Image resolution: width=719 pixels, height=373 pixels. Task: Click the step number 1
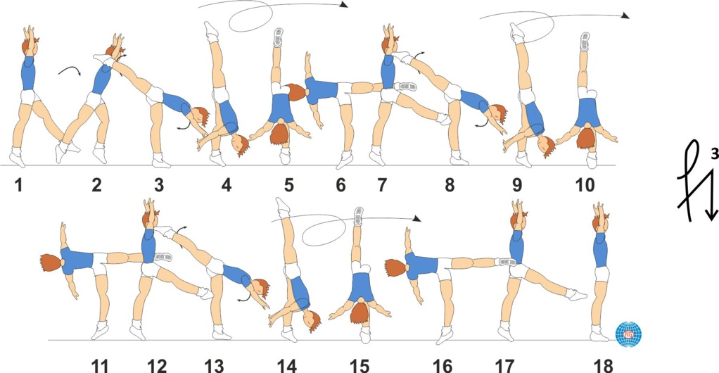[x=18, y=185]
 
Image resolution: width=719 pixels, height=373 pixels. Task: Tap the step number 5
[x=288, y=185]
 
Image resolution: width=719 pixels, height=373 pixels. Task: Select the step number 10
[x=585, y=185]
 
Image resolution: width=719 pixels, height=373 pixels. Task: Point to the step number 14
[x=286, y=366]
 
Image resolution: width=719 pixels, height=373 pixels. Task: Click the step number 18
[x=603, y=366]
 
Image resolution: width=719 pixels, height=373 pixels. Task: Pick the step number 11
[x=100, y=366]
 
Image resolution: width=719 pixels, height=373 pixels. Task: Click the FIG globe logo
[x=628, y=334]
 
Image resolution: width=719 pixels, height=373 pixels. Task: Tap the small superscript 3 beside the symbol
[x=714, y=155]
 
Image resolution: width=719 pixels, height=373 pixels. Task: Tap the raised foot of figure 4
[x=211, y=30]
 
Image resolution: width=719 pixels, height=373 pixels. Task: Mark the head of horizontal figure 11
[x=51, y=263]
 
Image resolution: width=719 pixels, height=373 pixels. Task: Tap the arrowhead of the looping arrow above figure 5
[x=344, y=5]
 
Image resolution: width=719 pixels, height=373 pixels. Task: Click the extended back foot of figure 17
[x=577, y=294]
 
